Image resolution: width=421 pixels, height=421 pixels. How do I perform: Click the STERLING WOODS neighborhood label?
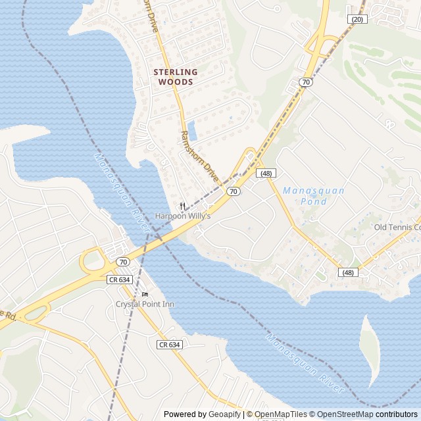point(175,77)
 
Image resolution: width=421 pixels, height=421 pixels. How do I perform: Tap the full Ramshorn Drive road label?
point(199,155)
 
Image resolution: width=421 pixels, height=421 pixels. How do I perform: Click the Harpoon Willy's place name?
point(182,216)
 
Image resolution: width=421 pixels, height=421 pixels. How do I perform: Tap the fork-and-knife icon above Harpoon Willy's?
point(182,206)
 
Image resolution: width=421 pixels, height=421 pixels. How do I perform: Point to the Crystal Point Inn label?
point(145,304)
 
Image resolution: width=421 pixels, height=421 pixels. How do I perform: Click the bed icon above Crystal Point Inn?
point(145,294)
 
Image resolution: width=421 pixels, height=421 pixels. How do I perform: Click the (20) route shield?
point(357,20)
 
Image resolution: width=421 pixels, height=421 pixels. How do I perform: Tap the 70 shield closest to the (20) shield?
point(306,82)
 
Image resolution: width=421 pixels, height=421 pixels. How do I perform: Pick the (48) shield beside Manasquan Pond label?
point(266,173)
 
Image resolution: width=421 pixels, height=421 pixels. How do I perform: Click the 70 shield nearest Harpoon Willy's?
point(233,191)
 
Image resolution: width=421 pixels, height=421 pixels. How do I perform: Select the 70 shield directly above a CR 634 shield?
point(122,262)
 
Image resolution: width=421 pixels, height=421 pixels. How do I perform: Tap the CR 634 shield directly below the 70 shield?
point(122,280)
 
